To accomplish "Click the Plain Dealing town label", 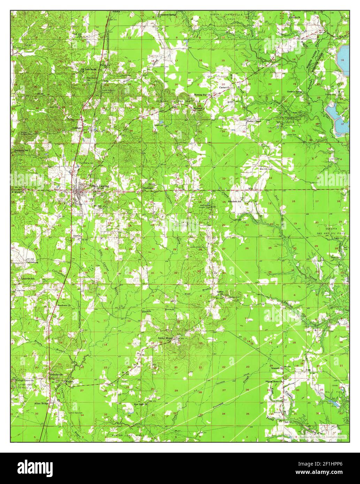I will [100, 186].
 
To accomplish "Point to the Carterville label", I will [224, 88].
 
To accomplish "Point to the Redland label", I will [198, 108].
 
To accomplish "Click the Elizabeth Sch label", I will [235, 202].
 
